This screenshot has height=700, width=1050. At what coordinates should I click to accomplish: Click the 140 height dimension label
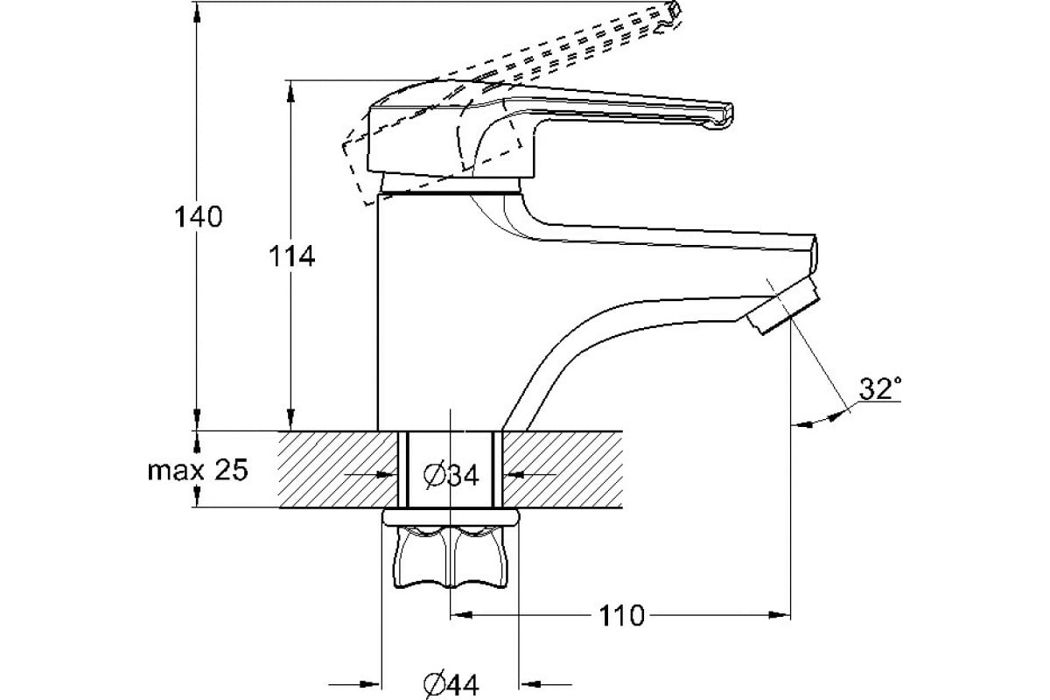pyautogui.click(x=199, y=217)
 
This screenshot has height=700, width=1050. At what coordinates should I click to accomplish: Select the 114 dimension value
pyautogui.click(x=291, y=256)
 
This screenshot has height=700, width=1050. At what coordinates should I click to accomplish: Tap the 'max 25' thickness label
pyautogui.click(x=198, y=470)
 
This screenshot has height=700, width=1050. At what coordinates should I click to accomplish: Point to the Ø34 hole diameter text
pyautogui.click(x=451, y=475)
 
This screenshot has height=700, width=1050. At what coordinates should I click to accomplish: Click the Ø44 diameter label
pyautogui.click(x=451, y=685)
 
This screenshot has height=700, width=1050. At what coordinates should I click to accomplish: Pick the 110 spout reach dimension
pyautogui.click(x=621, y=616)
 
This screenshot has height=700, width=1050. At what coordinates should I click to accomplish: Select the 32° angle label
pyautogui.click(x=880, y=388)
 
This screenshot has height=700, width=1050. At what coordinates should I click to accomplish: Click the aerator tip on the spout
pyautogui.click(x=783, y=305)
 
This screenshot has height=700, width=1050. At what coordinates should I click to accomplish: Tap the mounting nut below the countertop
pyautogui.click(x=451, y=557)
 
